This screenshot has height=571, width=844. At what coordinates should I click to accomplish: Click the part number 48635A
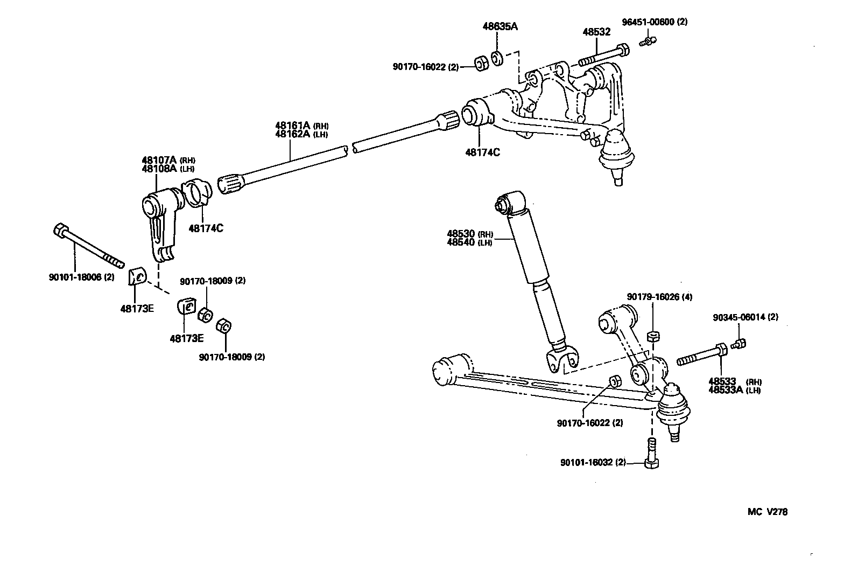497,26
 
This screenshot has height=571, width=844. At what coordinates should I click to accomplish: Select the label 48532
596,32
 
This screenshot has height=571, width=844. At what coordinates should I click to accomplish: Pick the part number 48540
461,242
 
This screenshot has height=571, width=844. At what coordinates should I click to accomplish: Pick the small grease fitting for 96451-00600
649,41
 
